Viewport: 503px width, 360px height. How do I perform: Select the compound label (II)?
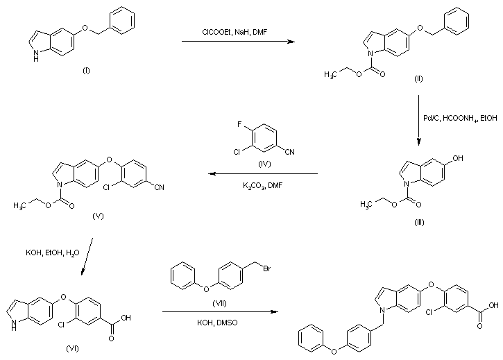418,78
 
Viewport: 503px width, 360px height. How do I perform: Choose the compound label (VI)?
74,348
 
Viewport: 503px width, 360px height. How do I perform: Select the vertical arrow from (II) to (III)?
419,119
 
